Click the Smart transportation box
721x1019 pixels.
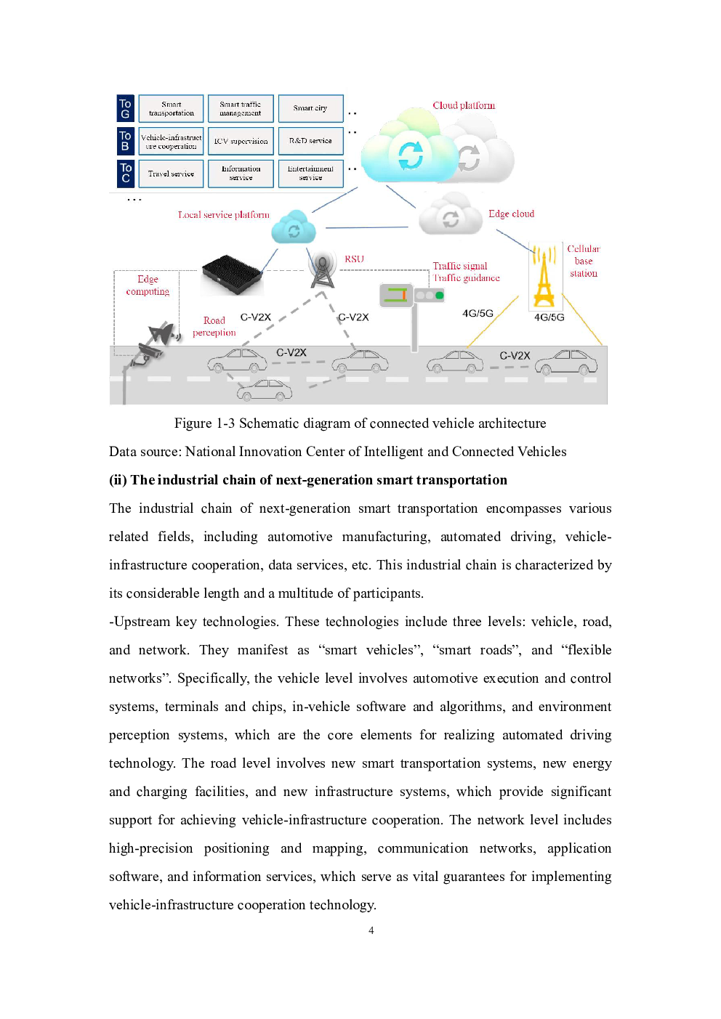tap(172, 109)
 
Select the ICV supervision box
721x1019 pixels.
tap(241, 141)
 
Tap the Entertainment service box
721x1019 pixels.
tap(310, 174)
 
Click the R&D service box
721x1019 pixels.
tap(310, 141)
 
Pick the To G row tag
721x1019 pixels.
tap(126, 109)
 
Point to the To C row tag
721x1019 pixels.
tap(126, 174)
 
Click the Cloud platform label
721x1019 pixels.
tap(464, 105)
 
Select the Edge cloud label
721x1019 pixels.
tap(511, 214)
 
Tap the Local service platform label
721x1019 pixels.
tap(223, 215)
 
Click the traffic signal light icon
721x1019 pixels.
tap(413, 295)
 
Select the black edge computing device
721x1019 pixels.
tap(232, 275)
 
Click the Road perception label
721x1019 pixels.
tap(214, 326)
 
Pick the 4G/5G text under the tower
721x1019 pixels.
tap(549, 317)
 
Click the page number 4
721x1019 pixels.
tap(371, 930)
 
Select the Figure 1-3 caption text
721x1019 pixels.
tap(360, 423)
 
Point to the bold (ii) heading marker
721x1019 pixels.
tap(118, 480)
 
